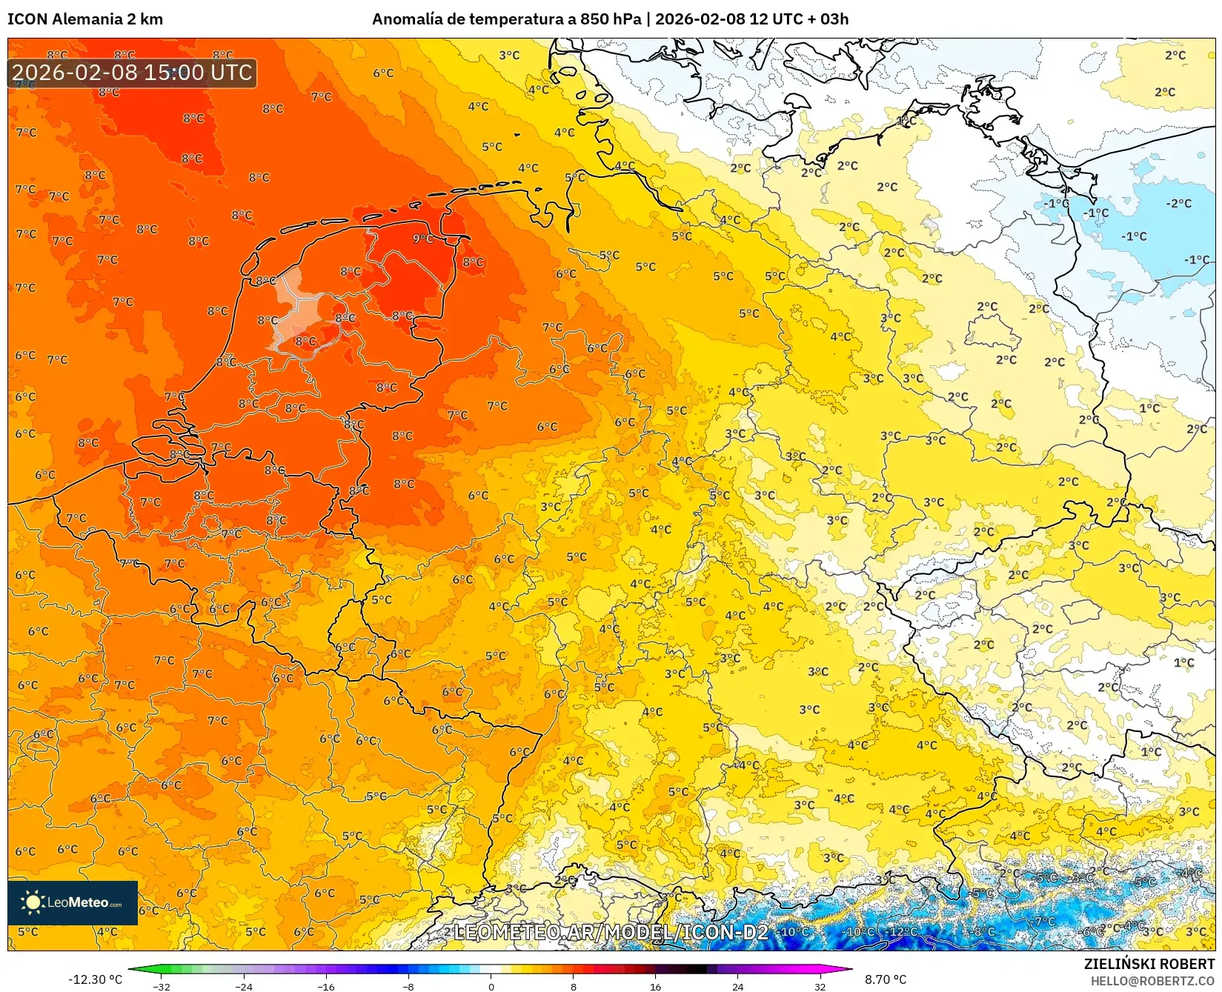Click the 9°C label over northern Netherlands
422,239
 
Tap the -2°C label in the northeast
1178,204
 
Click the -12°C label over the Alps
903,931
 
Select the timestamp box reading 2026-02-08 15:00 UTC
132,73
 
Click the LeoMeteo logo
73,902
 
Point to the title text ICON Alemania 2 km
85,19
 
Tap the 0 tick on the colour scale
491,986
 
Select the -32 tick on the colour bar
162,986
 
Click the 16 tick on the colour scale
655,986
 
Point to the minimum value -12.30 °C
95,979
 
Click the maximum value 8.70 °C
886,979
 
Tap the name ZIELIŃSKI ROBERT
1149,964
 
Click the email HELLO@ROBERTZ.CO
1152,981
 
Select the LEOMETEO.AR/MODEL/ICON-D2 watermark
611,932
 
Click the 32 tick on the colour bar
820,986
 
